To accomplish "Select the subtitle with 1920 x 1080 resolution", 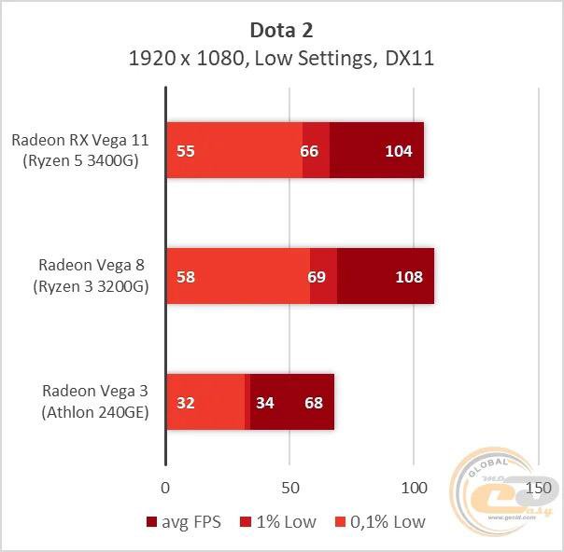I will click(x=281, y=58).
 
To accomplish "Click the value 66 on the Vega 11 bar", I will click(x=310, y=150).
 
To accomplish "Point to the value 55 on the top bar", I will click(x=185, y=150).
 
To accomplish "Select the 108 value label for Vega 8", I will click(x=409, y=276).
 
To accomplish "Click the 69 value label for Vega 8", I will click(x=317, y=276).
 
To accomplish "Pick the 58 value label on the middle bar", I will click(x=185, y=276).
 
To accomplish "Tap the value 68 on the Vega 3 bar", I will click(x=314, y=403).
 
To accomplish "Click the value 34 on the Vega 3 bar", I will click(x=265, y=403).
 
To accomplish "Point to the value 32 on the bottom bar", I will click(x=185, y=403).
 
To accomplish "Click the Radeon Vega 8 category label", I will click(x=96, y=276).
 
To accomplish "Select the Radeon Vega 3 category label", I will click(x=96, y=402).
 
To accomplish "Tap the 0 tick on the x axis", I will click(x=165, y=488).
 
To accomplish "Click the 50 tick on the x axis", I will click(x=289, y=488).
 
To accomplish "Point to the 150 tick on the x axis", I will click(x=538, y=488).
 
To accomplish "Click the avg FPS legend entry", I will click(x=185, y=522).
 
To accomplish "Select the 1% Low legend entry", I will click(x=279, y=522).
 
